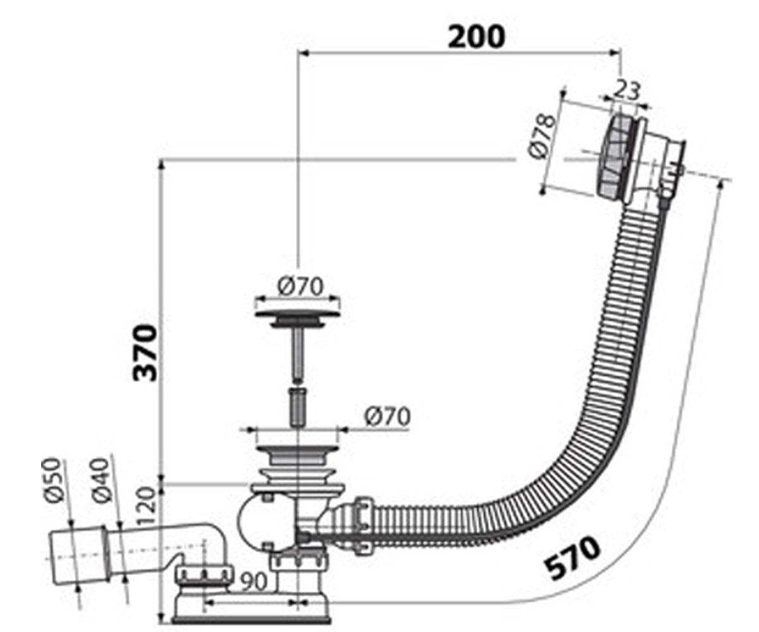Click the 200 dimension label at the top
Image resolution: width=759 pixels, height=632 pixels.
coord(476,37)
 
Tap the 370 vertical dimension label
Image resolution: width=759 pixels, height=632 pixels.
coord(145,353)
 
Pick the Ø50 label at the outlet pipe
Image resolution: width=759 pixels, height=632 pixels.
coord(52,480)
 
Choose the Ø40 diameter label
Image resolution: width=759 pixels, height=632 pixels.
coord(101,480)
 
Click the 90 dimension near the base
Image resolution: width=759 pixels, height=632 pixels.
coord(254,581)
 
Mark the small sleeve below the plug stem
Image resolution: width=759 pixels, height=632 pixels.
coord(297,407)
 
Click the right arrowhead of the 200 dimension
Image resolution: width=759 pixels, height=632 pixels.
coord(616,52)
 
